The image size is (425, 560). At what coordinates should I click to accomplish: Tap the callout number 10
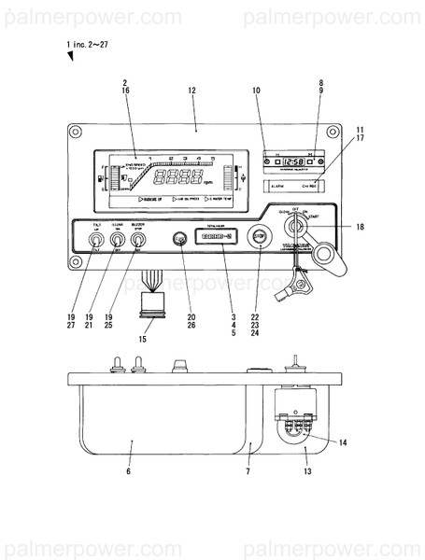256,91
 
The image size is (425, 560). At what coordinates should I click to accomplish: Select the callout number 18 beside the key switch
359,227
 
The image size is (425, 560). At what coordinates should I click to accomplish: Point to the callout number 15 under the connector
143,338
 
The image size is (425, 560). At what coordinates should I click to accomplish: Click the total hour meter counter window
216,238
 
